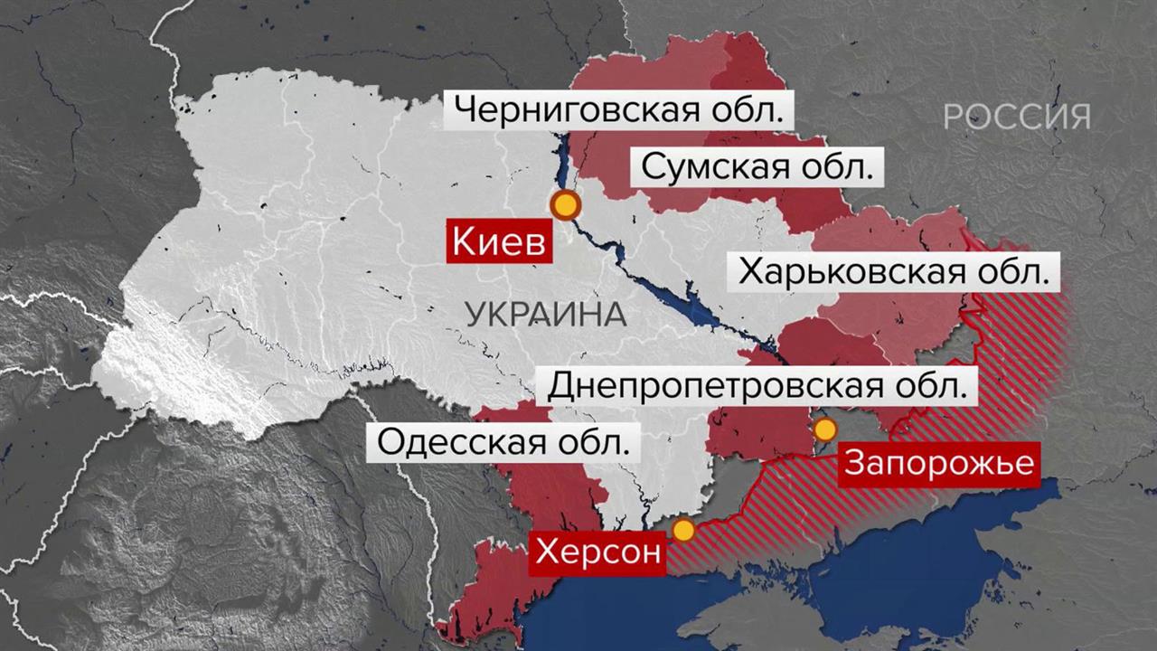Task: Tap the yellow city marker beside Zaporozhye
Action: [825, 429]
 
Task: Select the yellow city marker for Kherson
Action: [684, 530]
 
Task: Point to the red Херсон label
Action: [597, 551]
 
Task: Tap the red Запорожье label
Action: [937, 463]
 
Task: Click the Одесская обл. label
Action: [503, 443]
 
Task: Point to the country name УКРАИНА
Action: [546, 315]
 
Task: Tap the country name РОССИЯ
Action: [1017, 116]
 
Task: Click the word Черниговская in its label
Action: [575, 111]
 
